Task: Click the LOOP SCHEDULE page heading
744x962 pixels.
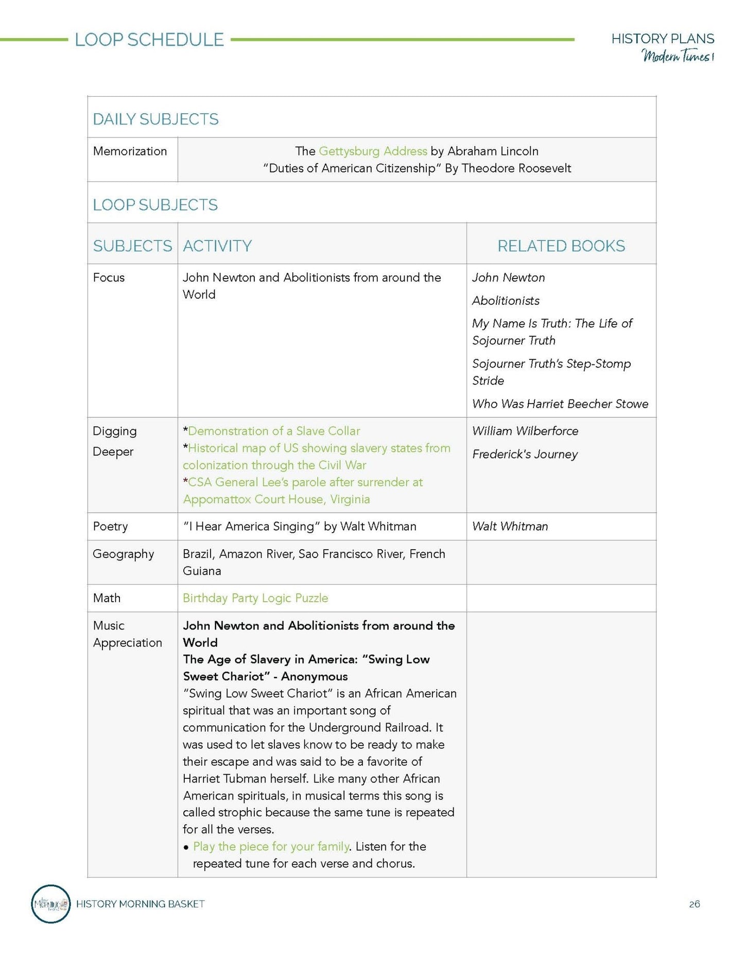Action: (x=149, y=40)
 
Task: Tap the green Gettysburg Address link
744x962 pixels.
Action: (x=373, y=151)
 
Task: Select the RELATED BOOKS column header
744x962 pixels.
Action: (x=561, y=246)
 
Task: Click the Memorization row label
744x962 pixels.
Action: (x=130, y=151)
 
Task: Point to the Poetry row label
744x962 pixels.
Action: (x=110, y=526)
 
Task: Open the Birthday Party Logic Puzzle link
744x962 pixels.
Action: (x=255, y=598)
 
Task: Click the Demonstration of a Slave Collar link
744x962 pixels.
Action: (x=274, y=431)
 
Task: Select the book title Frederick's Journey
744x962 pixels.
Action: (x=525, y=454)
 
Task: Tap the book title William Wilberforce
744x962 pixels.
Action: (x=525, y=431)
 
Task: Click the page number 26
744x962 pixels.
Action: (x=694, y=904)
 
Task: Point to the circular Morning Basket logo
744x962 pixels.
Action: (x=50, y=904)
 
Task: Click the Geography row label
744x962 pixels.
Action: (x=123, y=554)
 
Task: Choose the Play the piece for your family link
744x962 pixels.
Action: (x=271, y=846)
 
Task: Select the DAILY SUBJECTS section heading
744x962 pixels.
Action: (x=155, y=119)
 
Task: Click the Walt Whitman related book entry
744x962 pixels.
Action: (x=510, y=526)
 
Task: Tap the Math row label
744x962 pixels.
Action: (x=107, y=598)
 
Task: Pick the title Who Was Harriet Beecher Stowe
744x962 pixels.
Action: (x=560, y=404)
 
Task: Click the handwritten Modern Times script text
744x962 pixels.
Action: (x=677, y=56)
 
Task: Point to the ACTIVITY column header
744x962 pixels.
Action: (x=217, y=246)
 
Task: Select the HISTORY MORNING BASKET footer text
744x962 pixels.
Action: (x=140, y=904)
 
